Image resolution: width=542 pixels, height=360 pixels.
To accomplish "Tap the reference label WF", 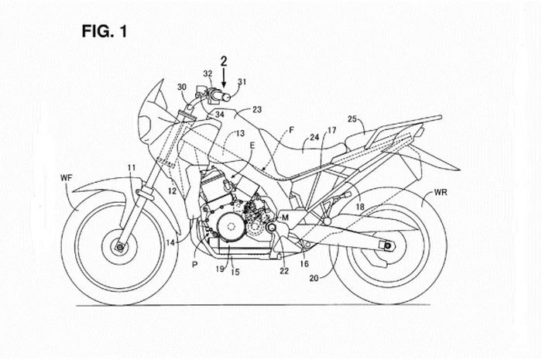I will (x=67, y=180).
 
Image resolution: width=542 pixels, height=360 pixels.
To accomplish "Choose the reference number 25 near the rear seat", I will (x=352, y=119).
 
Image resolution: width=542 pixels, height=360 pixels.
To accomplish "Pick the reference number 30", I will (x=182, y=87).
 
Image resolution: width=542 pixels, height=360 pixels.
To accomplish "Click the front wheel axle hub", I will (x=121, y=248).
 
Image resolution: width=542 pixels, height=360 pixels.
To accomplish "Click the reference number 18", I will (x=359, y=207).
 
